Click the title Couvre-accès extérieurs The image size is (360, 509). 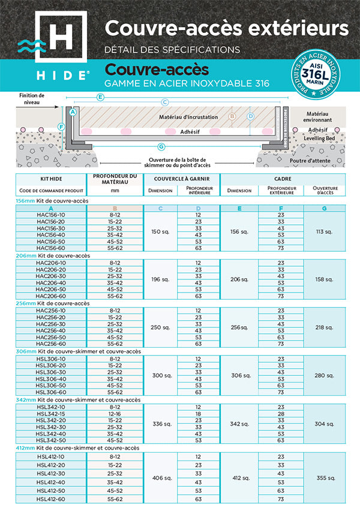click(226, 28)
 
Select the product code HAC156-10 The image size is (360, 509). click(50, 214)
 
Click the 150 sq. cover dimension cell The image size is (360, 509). click(160, 231)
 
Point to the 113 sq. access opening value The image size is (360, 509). click(325, 231)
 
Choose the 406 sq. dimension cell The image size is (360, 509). click(160, 478)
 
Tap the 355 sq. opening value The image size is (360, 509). click(325, 478)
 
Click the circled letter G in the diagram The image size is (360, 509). click(161, 147)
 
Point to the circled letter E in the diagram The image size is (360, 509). click(100, 97)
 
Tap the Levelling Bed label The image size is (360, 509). click(322, 138)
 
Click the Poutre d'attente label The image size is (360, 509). click(320, 161)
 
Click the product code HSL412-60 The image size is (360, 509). click(50, 499)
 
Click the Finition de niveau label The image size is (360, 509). click(32, 99)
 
